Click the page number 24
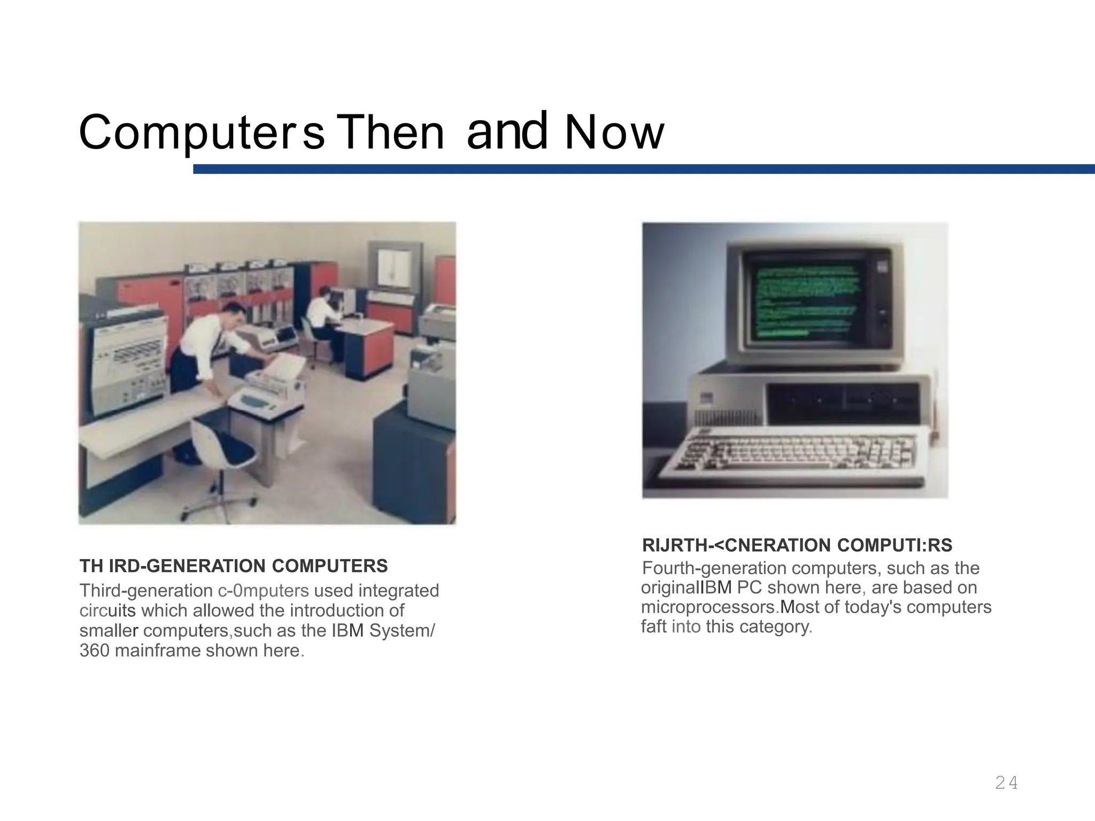[x=1006, y=783]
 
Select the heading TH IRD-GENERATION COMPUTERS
[x=234, y=566]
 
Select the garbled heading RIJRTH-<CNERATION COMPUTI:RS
[x=797, y=545]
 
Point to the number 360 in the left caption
[x=95, y=650]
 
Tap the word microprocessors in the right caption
[x=708, y=607]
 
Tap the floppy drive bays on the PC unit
[x=843, y=401]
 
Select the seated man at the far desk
[x=323, y=315]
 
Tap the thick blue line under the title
[x=642, y=169]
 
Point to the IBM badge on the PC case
[x=707, y=398]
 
